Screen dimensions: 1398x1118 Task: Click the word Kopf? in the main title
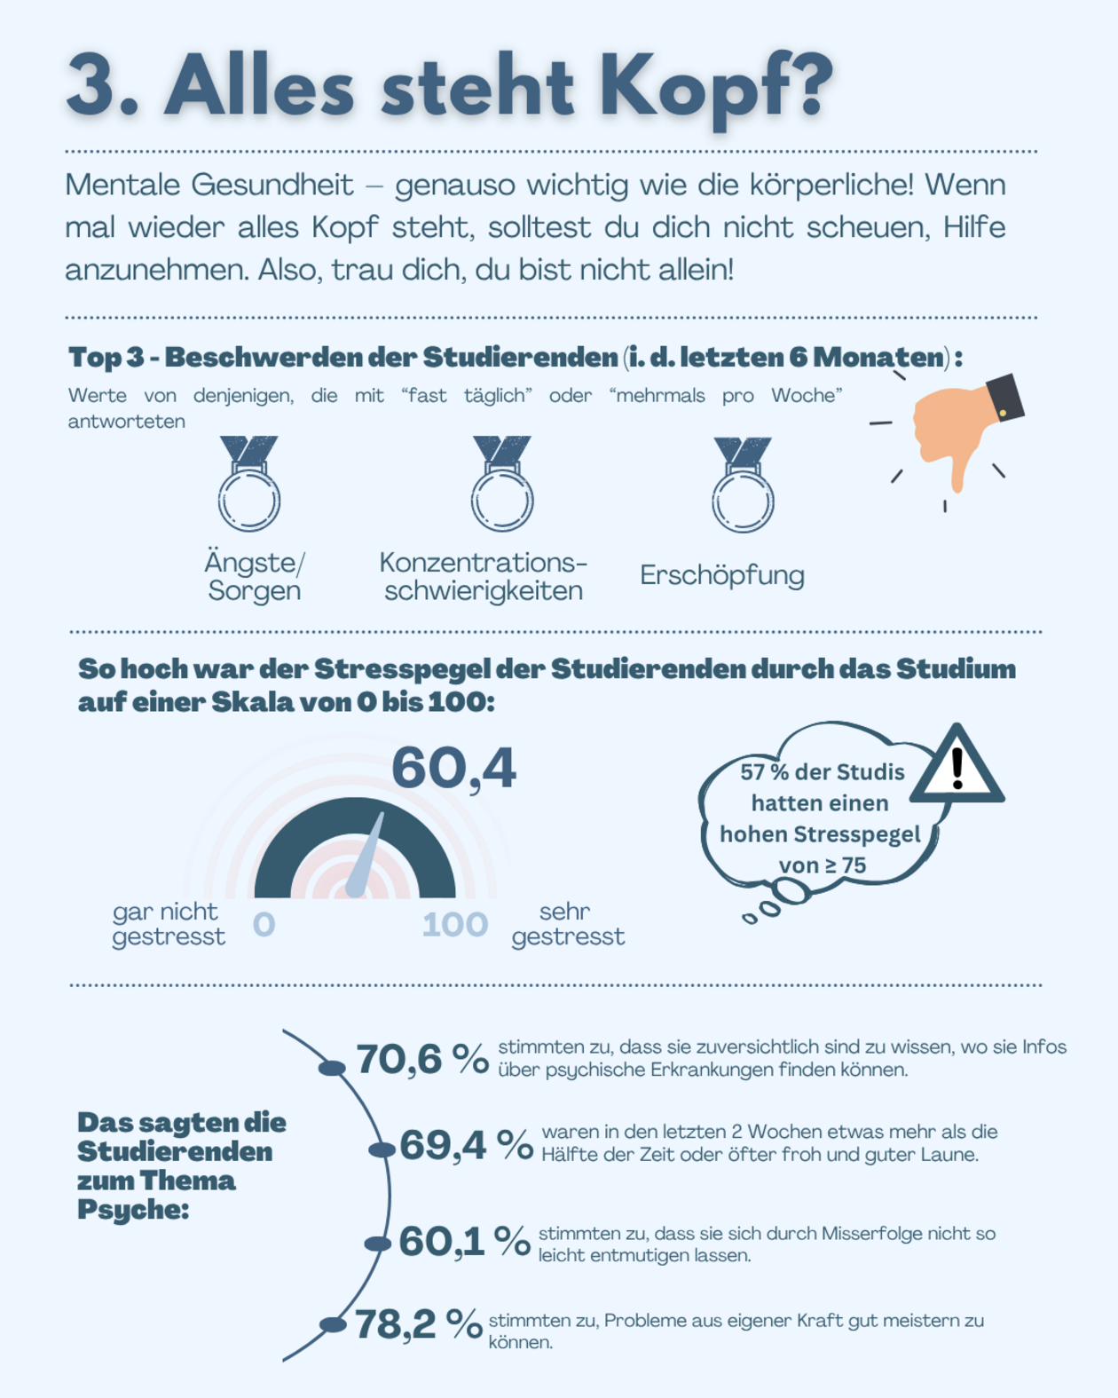tap(715, 89)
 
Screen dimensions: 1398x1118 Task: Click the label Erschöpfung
tap(722, 575)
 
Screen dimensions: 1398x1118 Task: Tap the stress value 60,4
tap(453, 768)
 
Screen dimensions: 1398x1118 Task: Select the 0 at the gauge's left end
tap(264, 925)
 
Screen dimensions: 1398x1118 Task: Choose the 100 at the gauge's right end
tap(454, 925)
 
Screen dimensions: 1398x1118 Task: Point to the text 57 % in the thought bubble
tap(765, 772)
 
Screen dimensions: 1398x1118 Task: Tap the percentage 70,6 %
tap(422, 1059)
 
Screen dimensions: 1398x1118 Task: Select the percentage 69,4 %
tap(466, 1145)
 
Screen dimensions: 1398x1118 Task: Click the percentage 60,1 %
tap(464, 1241)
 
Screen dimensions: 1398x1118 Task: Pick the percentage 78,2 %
tap(419, 1324)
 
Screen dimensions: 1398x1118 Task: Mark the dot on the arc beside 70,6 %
tap(332, 1068)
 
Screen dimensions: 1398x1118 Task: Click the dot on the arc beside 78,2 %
tap(333, 1325)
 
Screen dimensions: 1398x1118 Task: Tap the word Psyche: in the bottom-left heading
tap(133, 1210)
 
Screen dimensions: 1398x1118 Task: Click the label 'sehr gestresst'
tap(568, 924)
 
